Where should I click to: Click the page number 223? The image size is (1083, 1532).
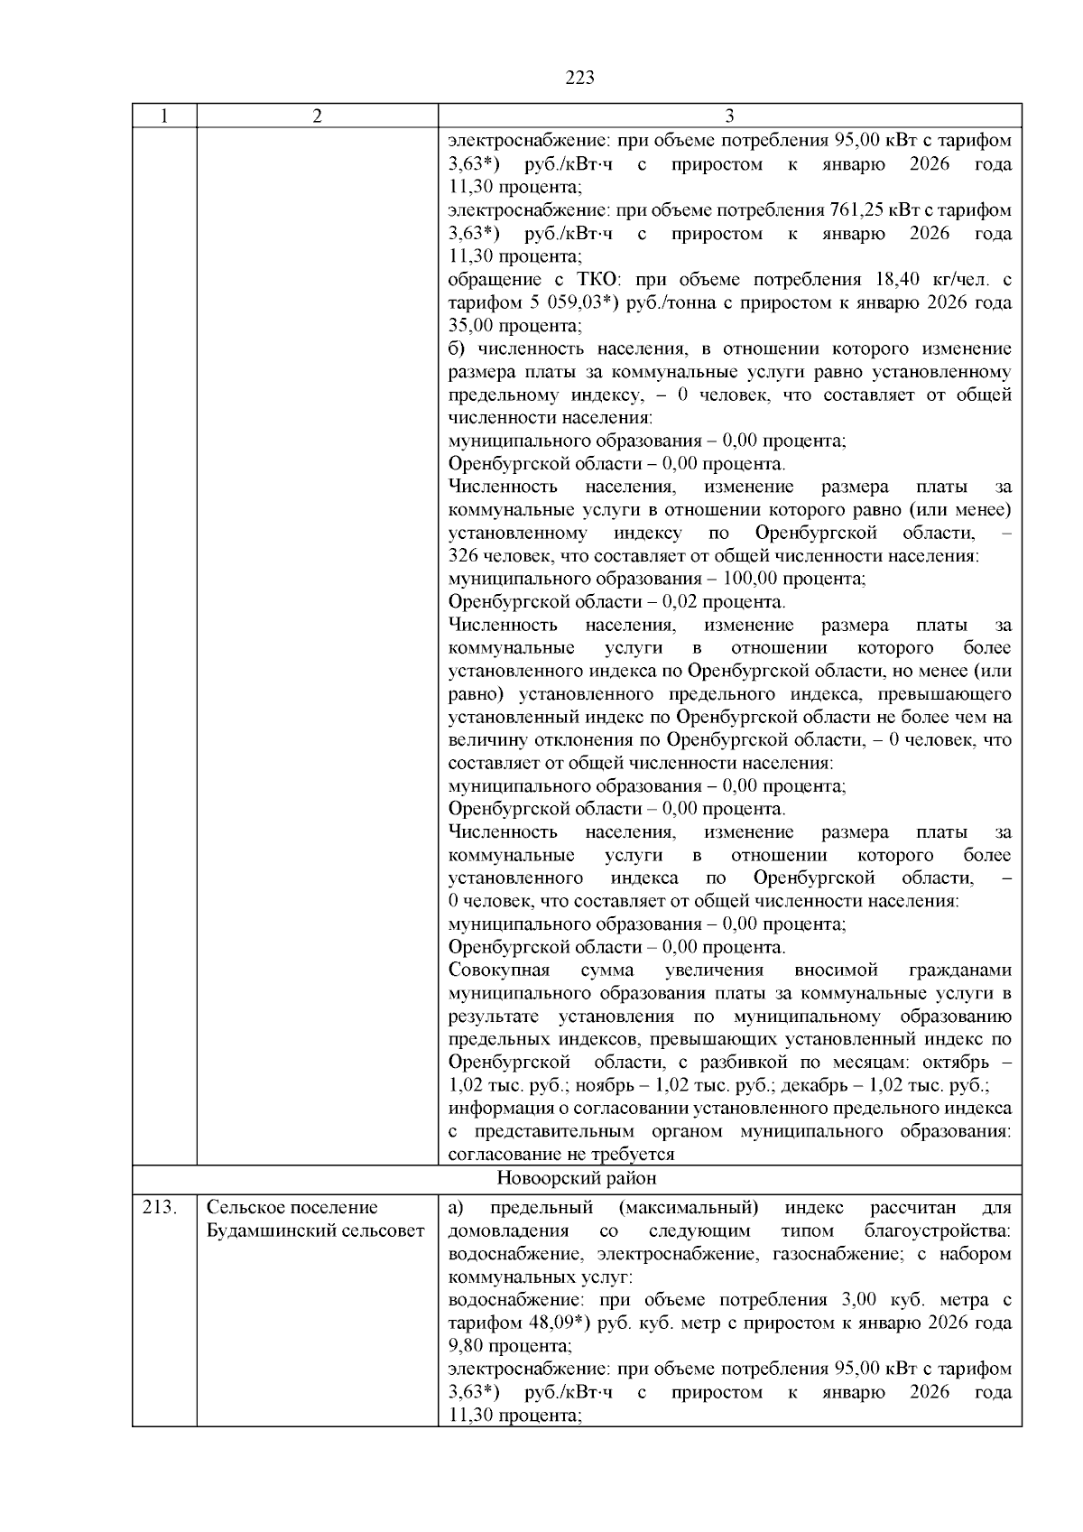point(579,79)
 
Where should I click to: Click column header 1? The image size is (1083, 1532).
point(163,116)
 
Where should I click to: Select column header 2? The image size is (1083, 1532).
point(317,116)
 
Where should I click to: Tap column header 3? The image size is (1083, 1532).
point(729,116)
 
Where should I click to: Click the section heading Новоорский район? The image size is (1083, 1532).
point(577,1179)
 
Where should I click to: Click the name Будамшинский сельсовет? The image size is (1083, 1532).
point(315,1231)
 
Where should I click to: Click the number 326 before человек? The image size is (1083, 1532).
point(463,556)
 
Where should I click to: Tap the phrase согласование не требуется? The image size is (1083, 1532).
point(561,1155)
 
